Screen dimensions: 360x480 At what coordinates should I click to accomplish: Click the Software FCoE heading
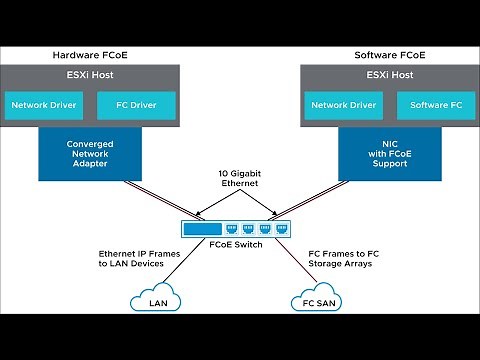point(389,54)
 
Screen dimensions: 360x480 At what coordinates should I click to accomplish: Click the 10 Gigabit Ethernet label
point(239,179)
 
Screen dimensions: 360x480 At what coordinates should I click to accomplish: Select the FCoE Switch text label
point(239,244)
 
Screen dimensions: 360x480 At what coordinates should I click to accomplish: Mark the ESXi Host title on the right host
point(389,76)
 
